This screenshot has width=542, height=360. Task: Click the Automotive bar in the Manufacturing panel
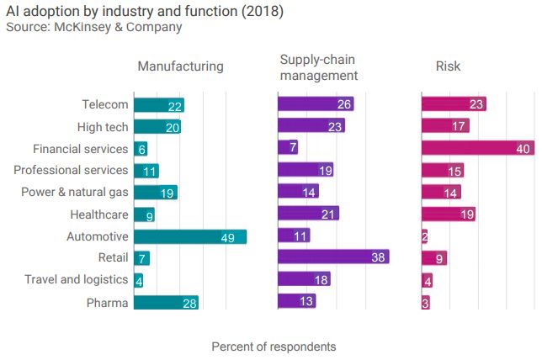click(189, 237)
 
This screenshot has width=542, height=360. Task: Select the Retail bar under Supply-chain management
click(333, 257)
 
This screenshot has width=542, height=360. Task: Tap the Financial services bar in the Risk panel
click(478, 149)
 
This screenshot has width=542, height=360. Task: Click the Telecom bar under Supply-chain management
click(316, 105)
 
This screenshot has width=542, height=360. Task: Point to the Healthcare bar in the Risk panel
click(449, 214)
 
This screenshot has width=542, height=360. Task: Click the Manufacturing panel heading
click(180, 66)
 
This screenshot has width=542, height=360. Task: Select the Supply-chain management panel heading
click(319, 67)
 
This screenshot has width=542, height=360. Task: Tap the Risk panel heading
click(448, 66)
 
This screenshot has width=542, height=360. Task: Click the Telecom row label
click(105, 105)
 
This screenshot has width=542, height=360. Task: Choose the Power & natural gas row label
click(75, 193)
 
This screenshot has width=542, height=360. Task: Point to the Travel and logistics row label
click(77, 280)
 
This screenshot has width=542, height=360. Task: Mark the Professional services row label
click(71, 171)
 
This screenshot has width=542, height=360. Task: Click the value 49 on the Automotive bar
click(227, 238)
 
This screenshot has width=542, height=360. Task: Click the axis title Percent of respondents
click(274, 347)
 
